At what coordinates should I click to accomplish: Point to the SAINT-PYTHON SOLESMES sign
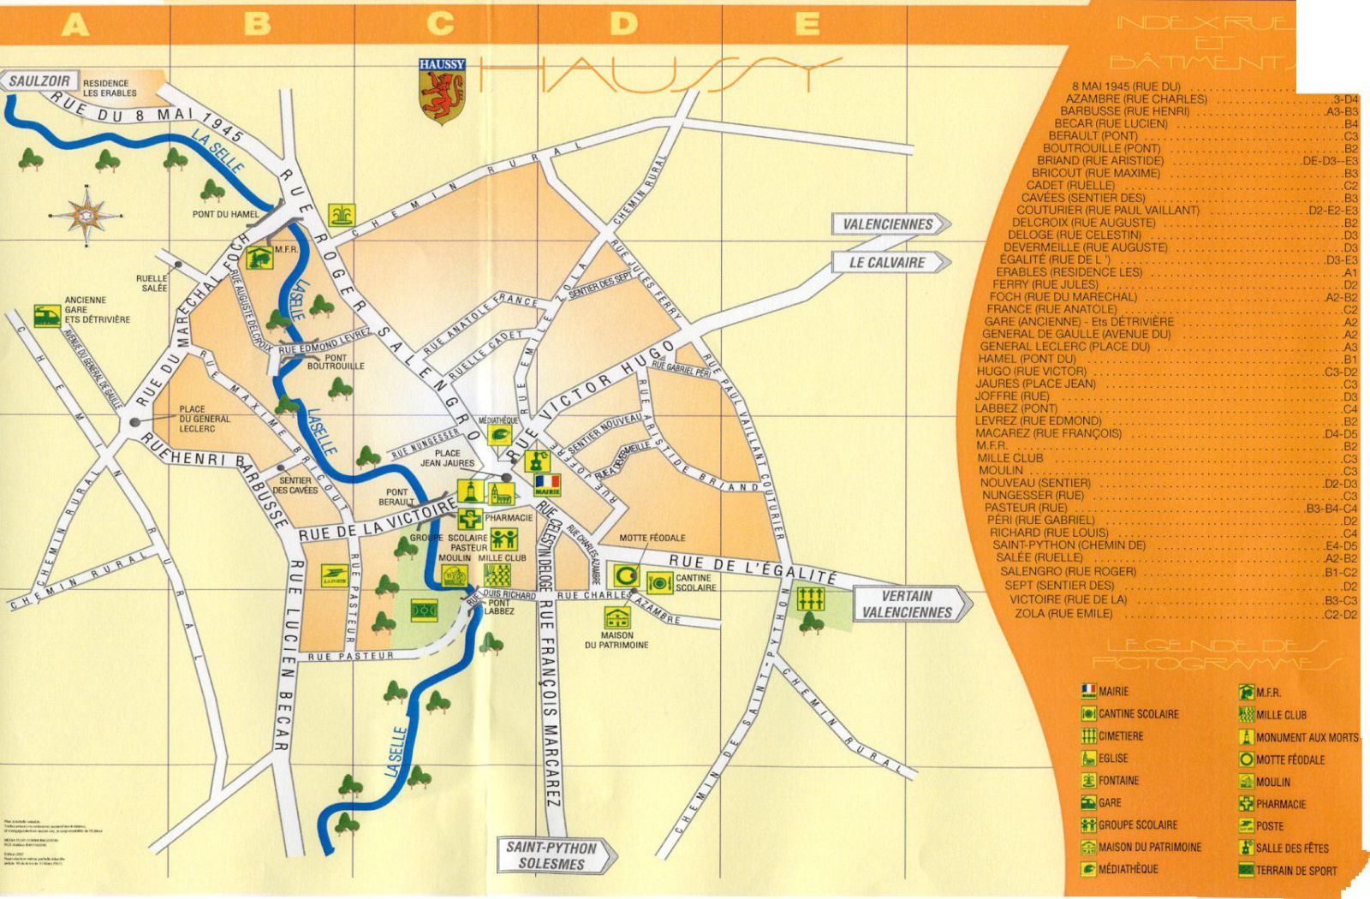[557, 854]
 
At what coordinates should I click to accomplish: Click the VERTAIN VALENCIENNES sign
[911, 604]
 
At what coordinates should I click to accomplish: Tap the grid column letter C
[439, 24]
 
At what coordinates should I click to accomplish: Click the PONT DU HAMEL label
[225, 214]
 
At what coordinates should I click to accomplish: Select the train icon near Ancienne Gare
[47, 314]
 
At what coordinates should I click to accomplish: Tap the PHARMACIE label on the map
[509, 518]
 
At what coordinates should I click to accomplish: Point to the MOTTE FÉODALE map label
[652, 538]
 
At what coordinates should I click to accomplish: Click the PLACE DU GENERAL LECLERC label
[204, 419]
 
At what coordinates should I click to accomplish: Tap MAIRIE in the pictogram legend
[1113, 691]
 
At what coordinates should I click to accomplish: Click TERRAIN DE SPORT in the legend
[1296, 871]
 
